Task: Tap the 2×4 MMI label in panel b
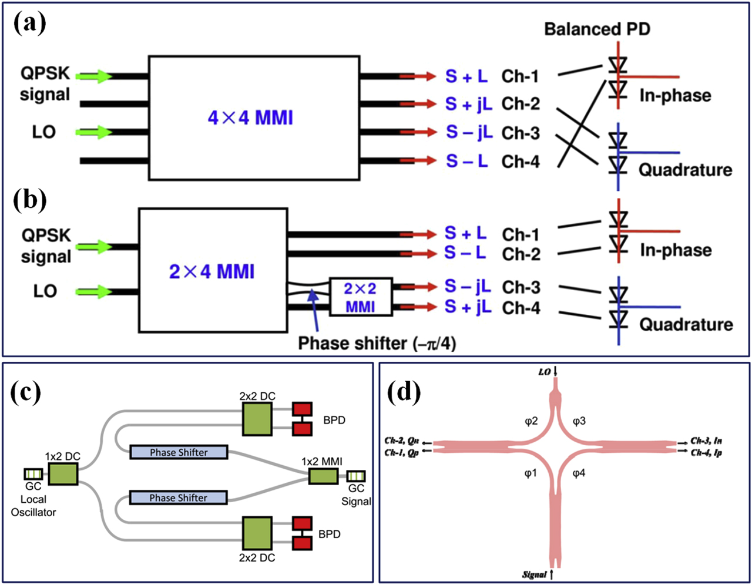click(x=211, y=272)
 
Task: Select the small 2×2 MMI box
click(x=360, y=297)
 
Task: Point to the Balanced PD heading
click(x=597, y=29)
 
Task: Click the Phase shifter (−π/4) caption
click(x=377, y=342)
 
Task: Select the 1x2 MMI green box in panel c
click(x=324, y=475)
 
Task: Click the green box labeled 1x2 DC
click(x=63, y=473)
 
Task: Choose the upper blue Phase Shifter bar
click(x=179, y=452)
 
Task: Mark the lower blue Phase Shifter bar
click(x=178, y=498)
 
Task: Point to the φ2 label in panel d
click(x=531, y=421)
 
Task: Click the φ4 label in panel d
click(x=579, y=473)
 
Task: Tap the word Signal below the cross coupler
click(x=534, y=574)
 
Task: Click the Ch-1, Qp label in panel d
click(x=402, y=453)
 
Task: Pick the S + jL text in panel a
click(x=468, y=104)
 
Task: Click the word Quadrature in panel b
click(x=686, y=324)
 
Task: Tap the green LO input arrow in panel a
click(x=95, y=132)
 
